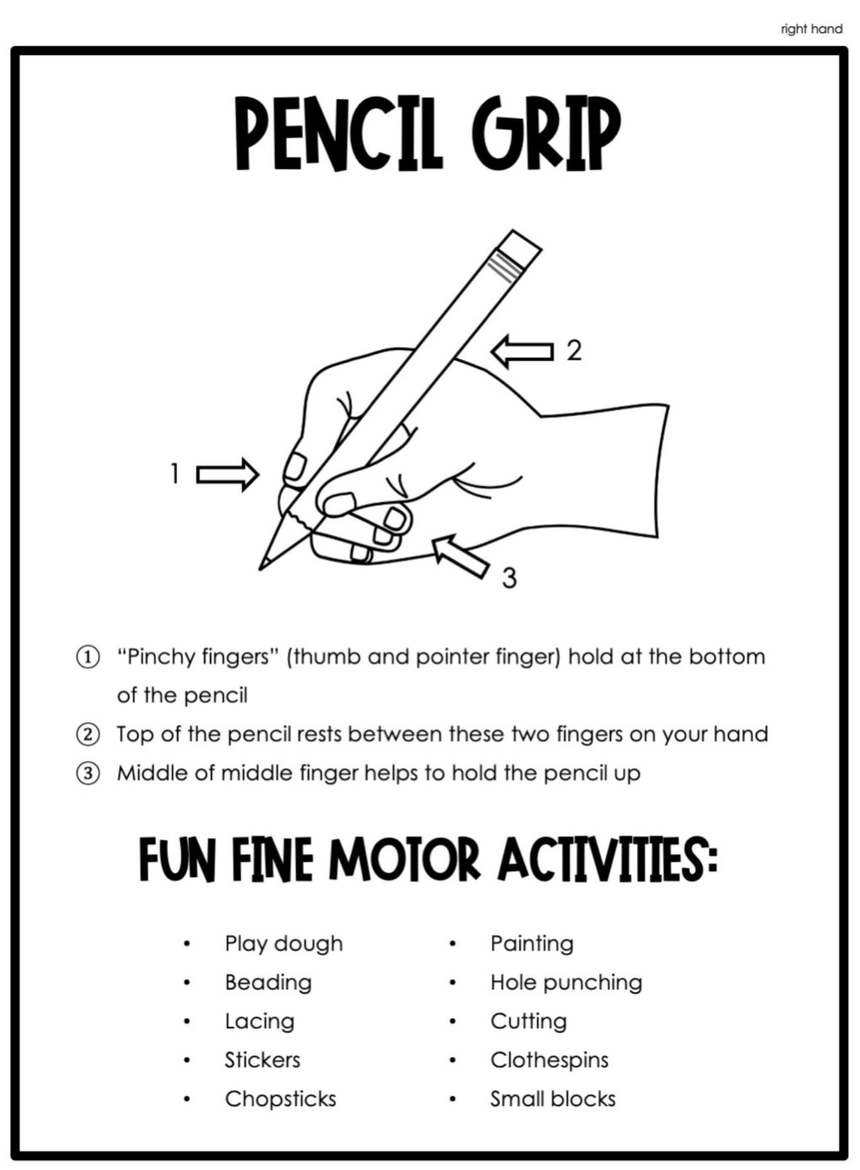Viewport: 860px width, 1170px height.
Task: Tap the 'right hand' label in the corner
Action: (x=811, y=29)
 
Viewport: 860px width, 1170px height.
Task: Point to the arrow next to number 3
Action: (x=460, y=556)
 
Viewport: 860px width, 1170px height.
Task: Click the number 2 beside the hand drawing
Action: (x=574, y=351)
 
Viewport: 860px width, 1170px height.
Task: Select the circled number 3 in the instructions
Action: (x=87, y=773)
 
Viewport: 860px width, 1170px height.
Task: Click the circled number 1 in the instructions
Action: (x=87, y=657)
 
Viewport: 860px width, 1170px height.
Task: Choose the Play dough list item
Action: (x=284, y=943)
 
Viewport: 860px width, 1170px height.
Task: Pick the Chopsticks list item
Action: (x=280, y=1099)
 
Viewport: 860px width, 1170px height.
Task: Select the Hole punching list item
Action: (x=566, y=982)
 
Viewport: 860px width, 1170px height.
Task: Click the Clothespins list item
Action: (x=549, y=1060)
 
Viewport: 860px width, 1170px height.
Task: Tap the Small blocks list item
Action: (x=553, y=1099)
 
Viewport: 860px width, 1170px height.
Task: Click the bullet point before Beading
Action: (x=188, y=983)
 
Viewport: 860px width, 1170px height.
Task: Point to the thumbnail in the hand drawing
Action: (x=339, y=505)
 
